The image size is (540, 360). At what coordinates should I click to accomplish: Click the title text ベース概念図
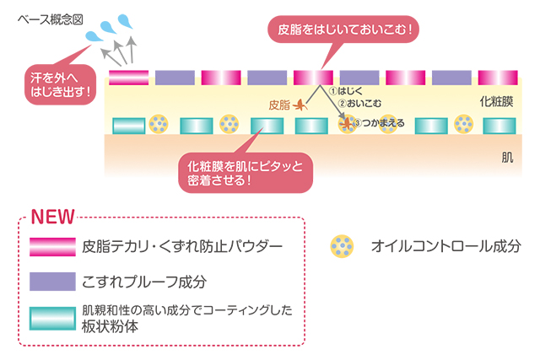[x=50, y=18]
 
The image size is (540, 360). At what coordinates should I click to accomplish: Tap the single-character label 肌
[x=506, y=158]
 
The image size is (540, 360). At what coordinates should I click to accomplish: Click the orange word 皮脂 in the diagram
[x=279, y=105]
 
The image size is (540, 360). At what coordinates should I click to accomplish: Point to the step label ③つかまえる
[x=378, y=123]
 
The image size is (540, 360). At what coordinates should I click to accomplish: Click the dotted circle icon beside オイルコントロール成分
[x=343, y=246]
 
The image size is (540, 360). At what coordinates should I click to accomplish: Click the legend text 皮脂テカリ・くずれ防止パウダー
[x=182, y=246]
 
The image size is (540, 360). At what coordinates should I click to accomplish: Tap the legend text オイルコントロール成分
[x=446, y=246]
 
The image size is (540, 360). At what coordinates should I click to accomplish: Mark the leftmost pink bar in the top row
[x=129, y=78]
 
